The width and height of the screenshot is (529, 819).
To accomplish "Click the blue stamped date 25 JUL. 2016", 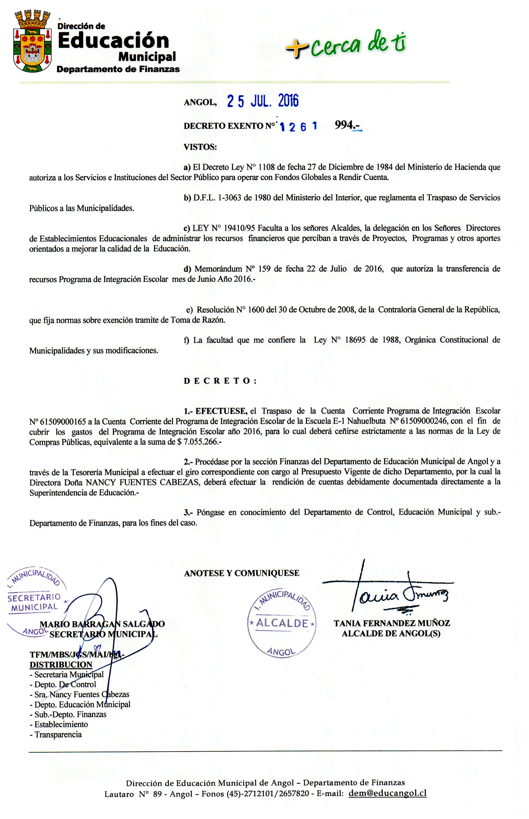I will pyautogui.click(x=263, y=101).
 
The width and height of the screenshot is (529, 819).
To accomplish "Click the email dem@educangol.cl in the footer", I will pyautogui.click(x=387, y=793).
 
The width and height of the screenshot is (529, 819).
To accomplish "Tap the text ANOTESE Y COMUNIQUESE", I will pyautogui.click(x=242, y=573).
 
